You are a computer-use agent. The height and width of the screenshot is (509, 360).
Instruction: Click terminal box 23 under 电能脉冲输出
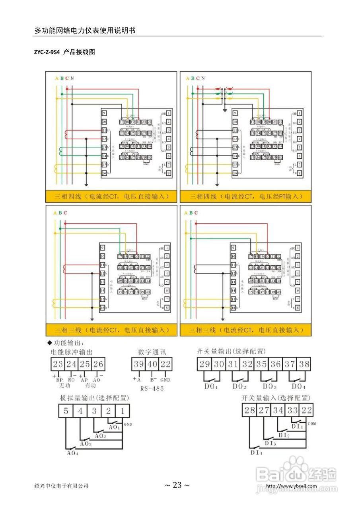click(58, 364)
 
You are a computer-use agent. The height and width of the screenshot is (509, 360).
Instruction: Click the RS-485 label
click(152, 389)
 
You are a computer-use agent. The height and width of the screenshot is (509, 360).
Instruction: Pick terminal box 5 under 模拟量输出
click(66, 411)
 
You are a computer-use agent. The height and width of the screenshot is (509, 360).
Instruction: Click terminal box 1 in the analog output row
click(123, 411)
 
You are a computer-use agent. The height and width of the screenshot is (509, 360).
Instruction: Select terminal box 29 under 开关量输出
click(204, 364)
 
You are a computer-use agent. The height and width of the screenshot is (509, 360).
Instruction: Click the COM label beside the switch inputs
click(311, 424)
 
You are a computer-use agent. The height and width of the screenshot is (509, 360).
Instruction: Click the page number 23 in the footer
click(177, 485)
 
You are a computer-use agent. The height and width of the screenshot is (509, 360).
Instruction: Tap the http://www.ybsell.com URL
click(291, 486)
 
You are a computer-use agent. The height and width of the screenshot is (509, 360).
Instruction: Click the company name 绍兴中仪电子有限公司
click(61, 486)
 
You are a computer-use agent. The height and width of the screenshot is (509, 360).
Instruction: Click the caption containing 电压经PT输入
click(245, 196)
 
